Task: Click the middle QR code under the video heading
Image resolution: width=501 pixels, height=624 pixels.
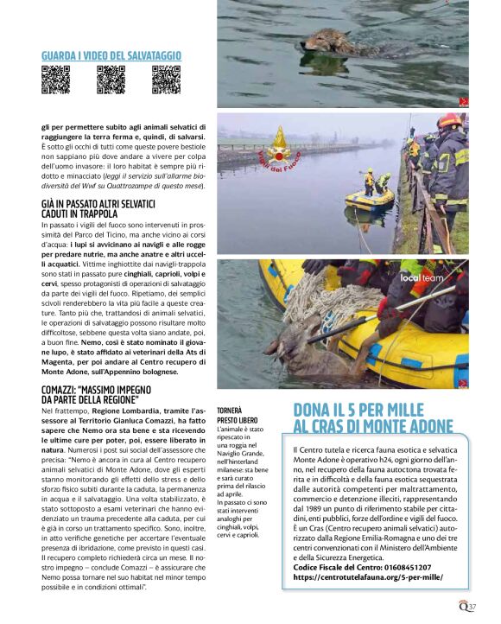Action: point(111,80)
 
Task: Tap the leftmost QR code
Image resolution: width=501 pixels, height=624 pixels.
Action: point(56,80)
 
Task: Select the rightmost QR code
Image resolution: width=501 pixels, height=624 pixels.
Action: point(166,80)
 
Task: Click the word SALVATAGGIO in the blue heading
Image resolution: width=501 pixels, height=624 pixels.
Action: point(152,55)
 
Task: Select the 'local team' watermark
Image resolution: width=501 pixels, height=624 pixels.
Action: point(444,278)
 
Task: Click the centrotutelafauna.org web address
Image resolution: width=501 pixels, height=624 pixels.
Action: point(368,577)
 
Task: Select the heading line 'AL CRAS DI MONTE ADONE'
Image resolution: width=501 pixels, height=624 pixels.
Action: point(373,426)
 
